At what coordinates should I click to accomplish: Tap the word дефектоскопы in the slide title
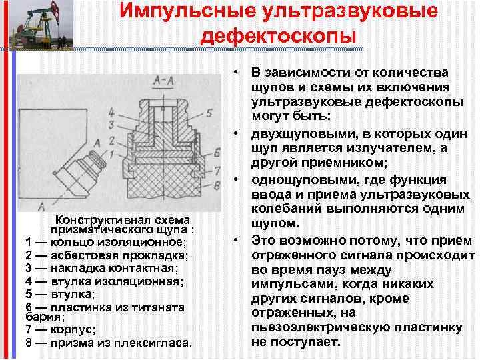279,35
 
